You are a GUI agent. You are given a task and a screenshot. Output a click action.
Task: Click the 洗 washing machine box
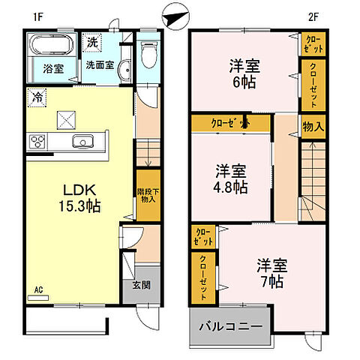[x=91, y=43]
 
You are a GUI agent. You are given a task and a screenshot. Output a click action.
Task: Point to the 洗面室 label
[x=98, y=65]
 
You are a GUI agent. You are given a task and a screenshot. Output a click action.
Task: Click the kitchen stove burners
[x=37, y=141]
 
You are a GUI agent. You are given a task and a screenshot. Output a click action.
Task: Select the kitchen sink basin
[x=82, y=142]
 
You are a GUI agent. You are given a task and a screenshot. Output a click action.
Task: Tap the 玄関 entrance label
[x=141, y=284]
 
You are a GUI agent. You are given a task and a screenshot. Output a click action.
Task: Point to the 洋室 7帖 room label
[x=271, y=273]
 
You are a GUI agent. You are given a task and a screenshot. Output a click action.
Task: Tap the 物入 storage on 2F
[x=313, y=127]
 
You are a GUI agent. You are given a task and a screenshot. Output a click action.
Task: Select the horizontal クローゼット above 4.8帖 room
[x=229, y=123]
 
